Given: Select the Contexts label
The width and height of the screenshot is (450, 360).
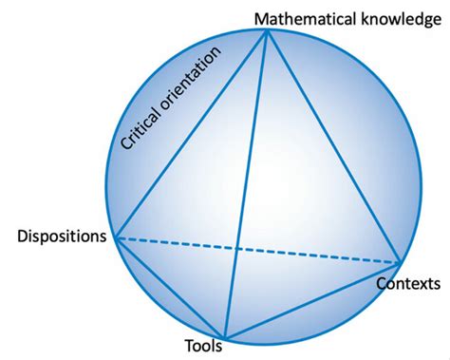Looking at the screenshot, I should pos(407,283).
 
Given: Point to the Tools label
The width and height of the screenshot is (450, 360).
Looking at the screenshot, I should pos(204,347).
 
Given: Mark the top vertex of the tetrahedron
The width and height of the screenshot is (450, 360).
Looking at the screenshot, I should pos(268,29).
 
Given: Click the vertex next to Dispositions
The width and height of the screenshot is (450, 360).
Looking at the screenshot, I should pos(114,237).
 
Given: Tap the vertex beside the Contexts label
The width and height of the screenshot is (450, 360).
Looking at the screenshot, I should pos(400,263).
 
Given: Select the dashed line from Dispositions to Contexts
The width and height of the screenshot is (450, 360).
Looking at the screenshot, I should pos(256,250).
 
